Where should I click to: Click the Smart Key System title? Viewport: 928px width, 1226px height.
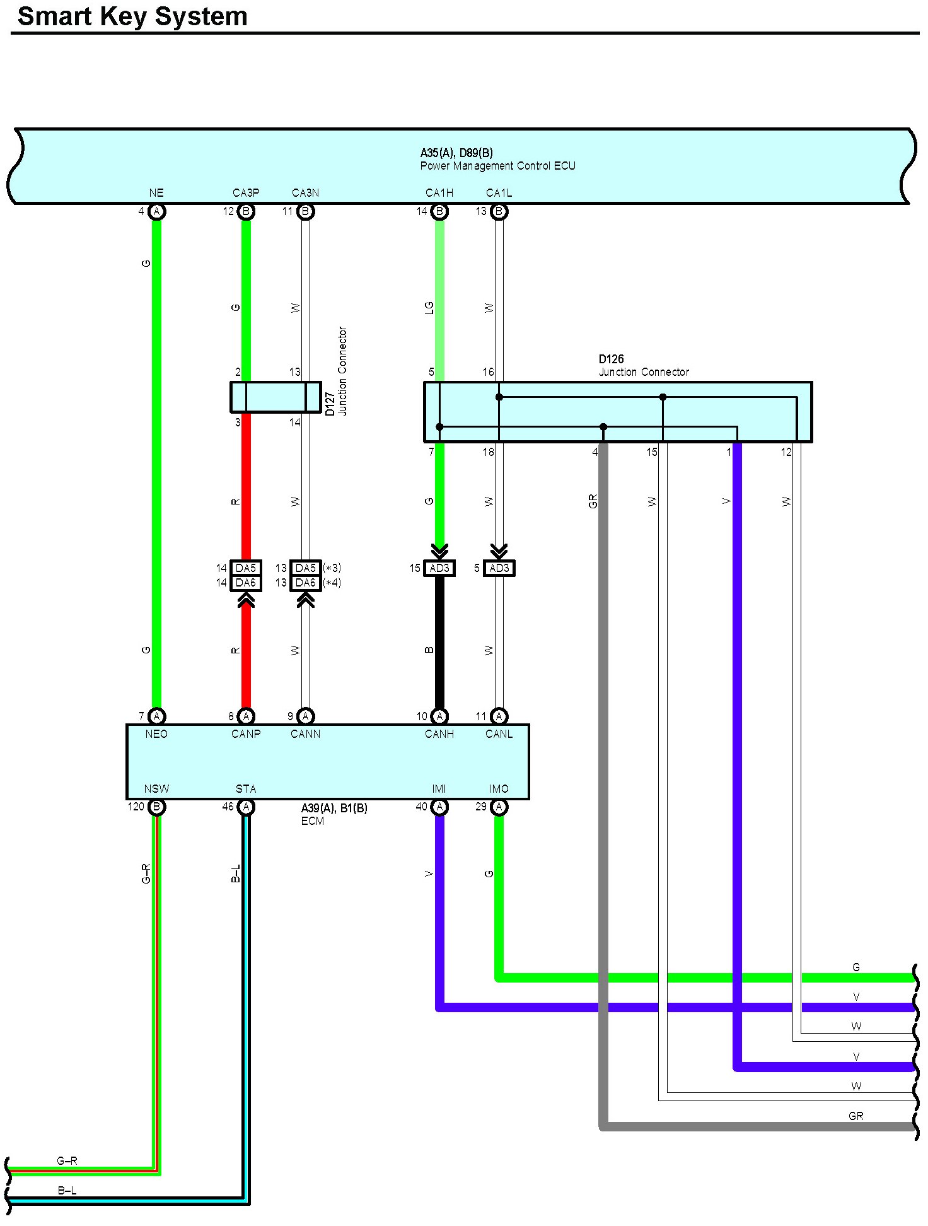pyautogui.click(x=132, y=16)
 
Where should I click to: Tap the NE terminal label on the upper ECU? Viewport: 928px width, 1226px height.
pyautogui.click(x=156, y=193)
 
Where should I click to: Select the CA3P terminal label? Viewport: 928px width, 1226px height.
pyautogui.click(x=246, y=193)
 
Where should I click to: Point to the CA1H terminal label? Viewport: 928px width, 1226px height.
pyautogui.click(x=439, y=193)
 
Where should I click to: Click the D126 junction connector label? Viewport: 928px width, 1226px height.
pyautogui.click(x=643, y=366)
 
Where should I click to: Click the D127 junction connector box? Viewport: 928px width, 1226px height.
pyautogui.click(x=275, y=397)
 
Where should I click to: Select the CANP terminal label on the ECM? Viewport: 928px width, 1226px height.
pyautogui.click(x=246, y=734)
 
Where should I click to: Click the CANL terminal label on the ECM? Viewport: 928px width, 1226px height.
pyautogui.click(x=499, y=734)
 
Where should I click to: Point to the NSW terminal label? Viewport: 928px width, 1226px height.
pyautogui.click(x=156, y=789)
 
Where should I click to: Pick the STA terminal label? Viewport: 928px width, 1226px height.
pyautogui.click(x=246, y=789)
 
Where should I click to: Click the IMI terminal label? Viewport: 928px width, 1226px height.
pyautogui.click(x=439, y=789)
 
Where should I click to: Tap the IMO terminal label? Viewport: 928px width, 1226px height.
pyautogui.click(x=499, y=789)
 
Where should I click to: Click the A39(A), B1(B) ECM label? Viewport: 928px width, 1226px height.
pyautogui.click(x=333, y=814)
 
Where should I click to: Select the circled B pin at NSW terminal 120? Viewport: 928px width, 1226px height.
pyautogui.click(x=156, y=807)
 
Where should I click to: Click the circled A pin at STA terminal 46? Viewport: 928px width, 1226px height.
pyautogui.click(x=246, y=807)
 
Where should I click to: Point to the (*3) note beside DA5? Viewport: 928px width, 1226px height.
pyautogui.click(x=332, y=568)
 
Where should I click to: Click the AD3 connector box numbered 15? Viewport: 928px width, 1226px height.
pyautogui.click(x=439, y=568)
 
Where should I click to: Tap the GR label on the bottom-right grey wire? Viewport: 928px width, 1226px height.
pyautogui.click(x=855, y=1116)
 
